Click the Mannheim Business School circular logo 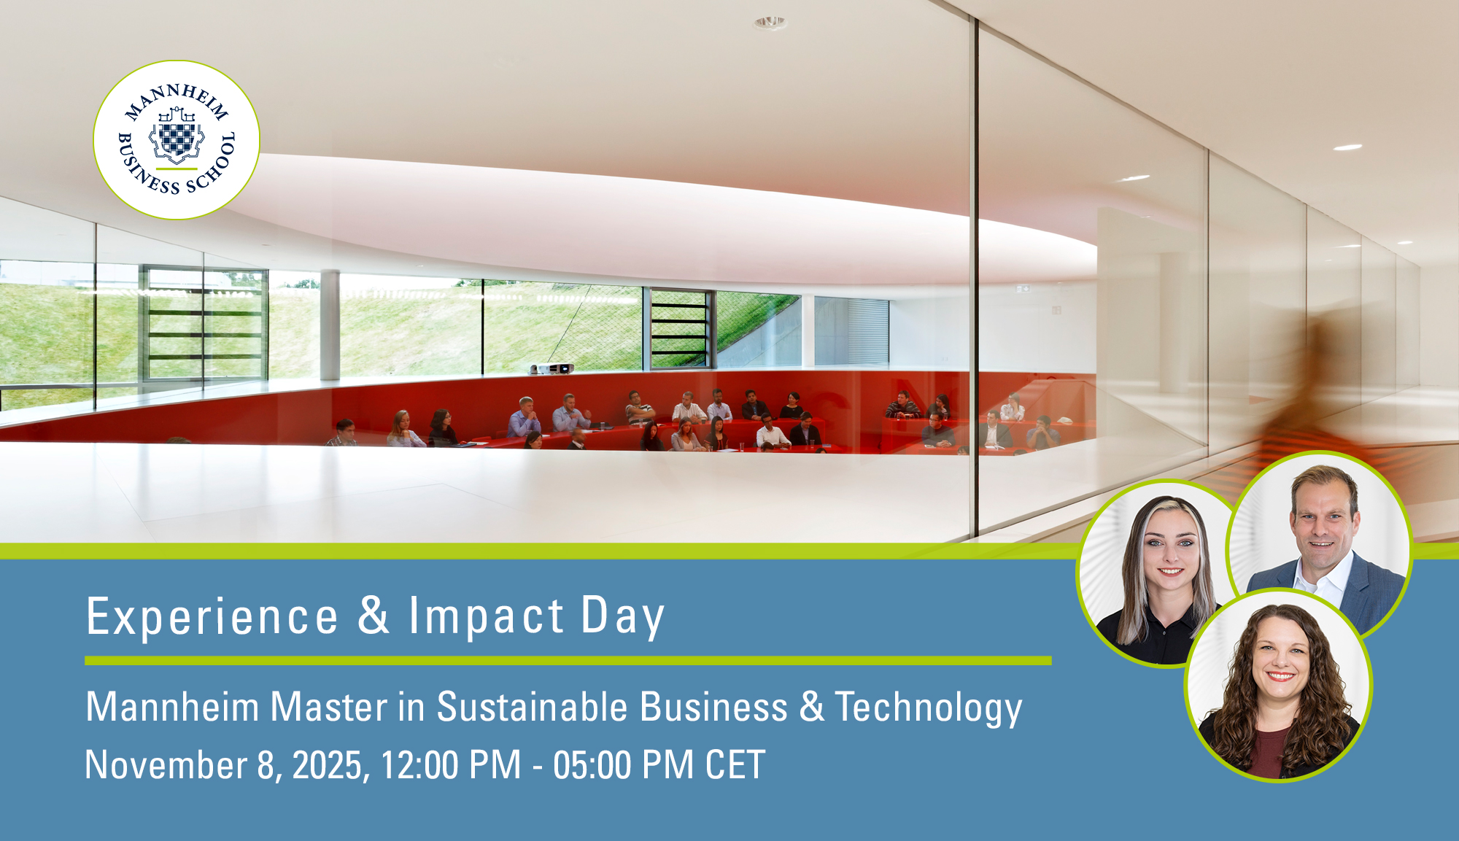point(177,140)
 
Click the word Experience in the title point(212,617)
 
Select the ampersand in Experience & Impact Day point(374,615)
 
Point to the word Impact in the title point(487,616)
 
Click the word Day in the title point(623,617)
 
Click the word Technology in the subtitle point(929,708)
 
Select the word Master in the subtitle point(328,707)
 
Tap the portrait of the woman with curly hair point(1278,686)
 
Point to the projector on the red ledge point(552,368)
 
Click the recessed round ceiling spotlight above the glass point(770,23)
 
